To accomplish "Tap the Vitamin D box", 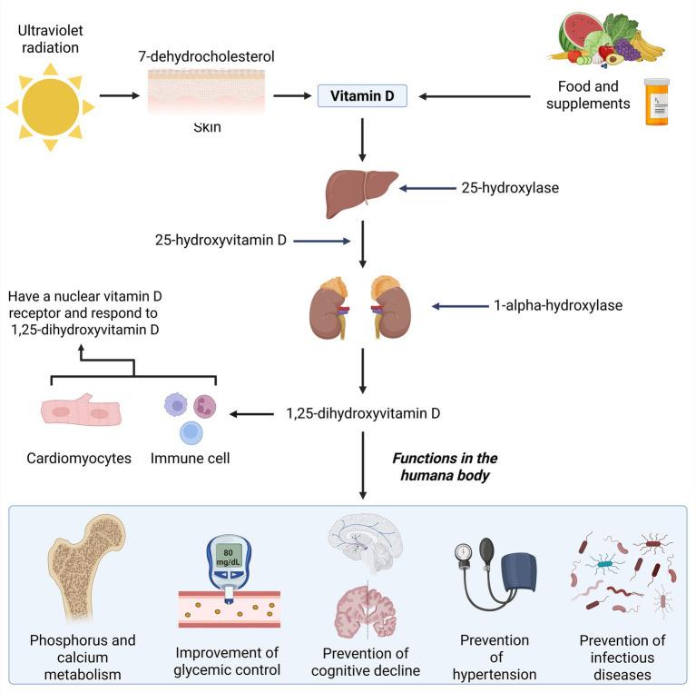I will pyautogui.click(x=361, y=94).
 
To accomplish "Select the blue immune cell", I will pyautogui.click(x=191, y=432).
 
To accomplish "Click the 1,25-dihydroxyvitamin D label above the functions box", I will pyautogui.click(x=363, y=414).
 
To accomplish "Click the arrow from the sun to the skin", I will pyautogui.click(x=118, y=94).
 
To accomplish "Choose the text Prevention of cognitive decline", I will pyautogui.click(x=367, y=662).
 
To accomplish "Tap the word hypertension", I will pyautogui.click(x=495, y=674).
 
